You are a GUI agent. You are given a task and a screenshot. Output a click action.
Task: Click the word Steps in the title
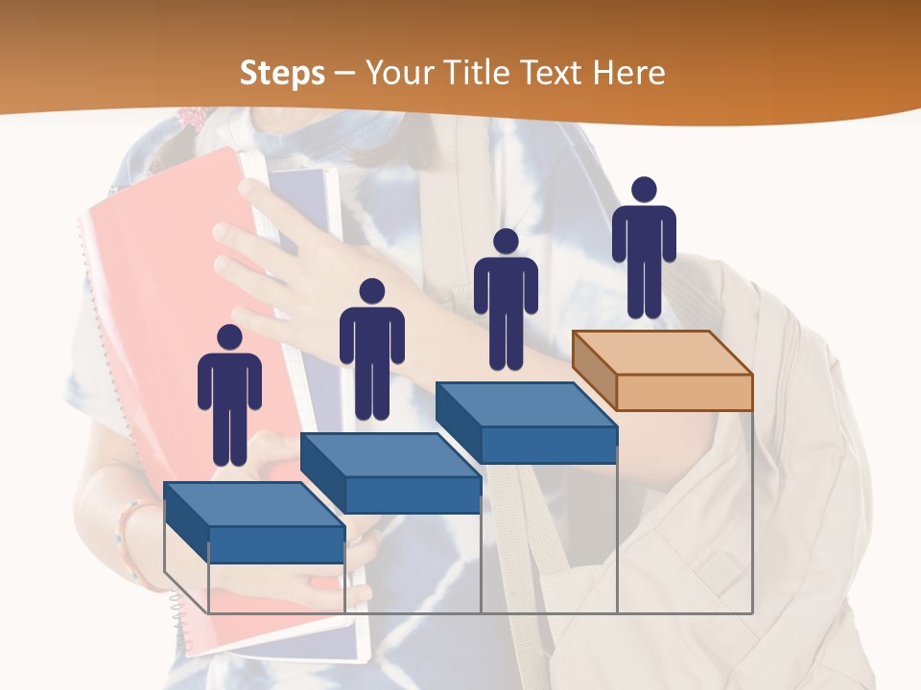282,73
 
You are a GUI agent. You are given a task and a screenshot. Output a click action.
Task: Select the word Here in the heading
628,73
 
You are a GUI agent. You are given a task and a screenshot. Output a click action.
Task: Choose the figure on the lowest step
229,398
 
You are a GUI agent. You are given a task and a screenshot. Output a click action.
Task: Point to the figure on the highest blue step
506,302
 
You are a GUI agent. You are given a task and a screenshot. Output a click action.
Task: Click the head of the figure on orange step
644,190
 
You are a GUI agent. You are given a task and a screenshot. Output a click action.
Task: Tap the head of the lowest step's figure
229,337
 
